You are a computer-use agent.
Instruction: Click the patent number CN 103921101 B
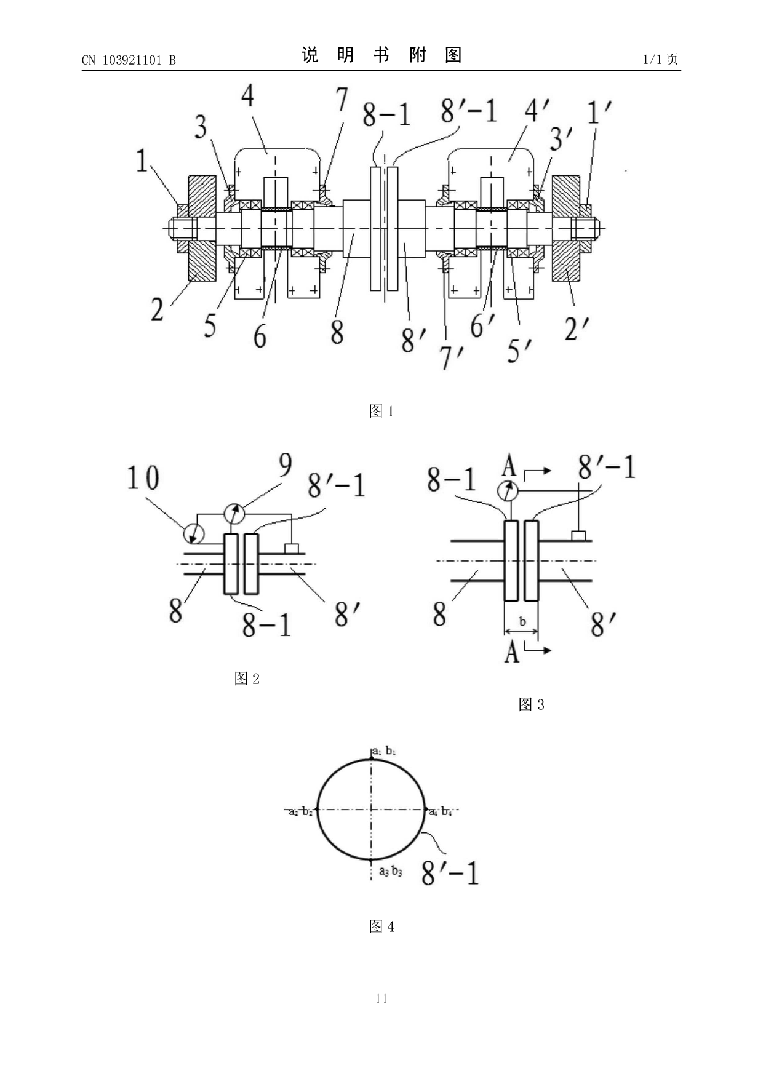(129, 60)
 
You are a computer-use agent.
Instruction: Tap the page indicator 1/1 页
(660, 60)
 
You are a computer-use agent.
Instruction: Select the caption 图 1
(381, 411)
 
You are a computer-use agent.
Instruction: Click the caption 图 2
(247, 679)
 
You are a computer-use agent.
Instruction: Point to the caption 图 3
(531, 704)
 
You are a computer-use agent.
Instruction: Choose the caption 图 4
(381, 926)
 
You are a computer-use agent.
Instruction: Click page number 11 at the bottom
(381, 998)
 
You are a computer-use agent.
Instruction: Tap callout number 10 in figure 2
(143, 478)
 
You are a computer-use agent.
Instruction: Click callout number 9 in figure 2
(285, 466)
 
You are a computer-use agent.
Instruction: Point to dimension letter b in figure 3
(522, 621)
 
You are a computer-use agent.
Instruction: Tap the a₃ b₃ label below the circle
(390, 870)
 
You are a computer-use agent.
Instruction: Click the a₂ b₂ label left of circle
(301, 812)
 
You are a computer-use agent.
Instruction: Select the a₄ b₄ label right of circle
(441, 812)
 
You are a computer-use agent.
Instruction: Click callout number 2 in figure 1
(158, 309)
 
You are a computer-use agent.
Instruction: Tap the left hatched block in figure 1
(202, 228)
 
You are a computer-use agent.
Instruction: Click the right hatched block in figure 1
(566, 228)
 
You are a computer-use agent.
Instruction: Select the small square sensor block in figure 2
(292, 549)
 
